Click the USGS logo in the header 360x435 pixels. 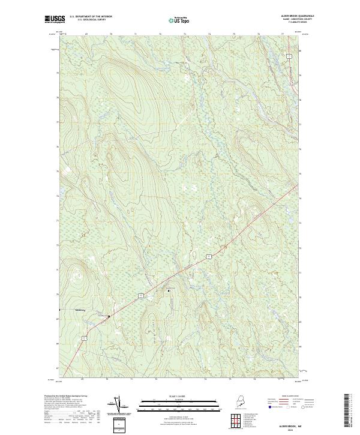53,19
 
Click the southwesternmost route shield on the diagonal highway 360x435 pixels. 84,340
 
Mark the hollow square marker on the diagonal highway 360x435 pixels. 109,316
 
